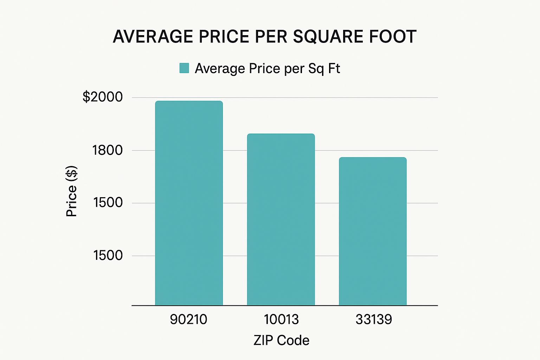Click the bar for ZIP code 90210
click(x=189, y=203)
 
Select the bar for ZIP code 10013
click(x=281, y=219)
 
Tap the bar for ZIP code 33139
click(x=373, y=231)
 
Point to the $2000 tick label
click(x=103, y=97)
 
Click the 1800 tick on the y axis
click(x=108, y=150)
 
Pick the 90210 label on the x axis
click(x=188, y=320)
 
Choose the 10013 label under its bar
click(x=281, y=320)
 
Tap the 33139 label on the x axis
click(x=374, y=320)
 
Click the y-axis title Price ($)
click(x=72, y=191)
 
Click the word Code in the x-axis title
click(x=293, y=341)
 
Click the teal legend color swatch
click(x=184, y=68)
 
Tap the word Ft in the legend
click(x=334, y=69)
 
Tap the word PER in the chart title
click(x=271, y=37)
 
